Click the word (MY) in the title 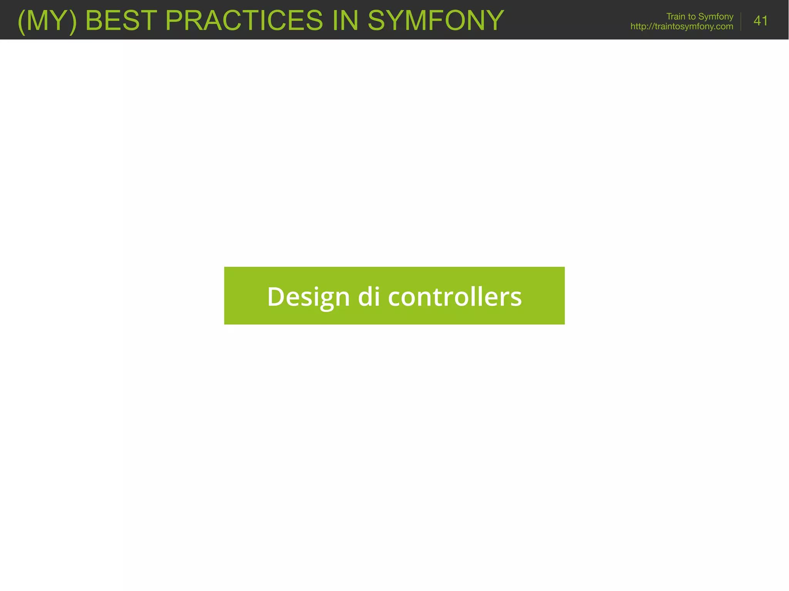point(47,20)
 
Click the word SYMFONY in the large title point(436,20)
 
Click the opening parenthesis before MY point(22,21)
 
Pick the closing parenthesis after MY point(73,21)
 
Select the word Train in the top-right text point(676,17)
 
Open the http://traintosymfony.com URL point(682,27)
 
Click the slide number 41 point(760,21)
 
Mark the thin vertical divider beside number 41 point(741,21)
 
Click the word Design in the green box point(308,297)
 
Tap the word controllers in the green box point(455,297)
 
